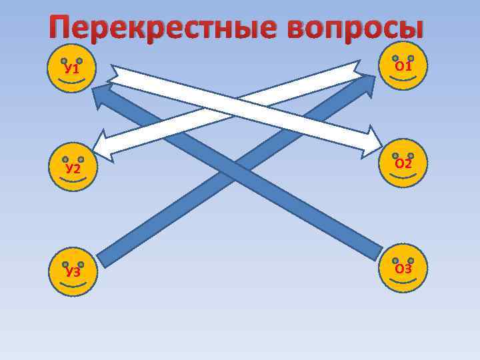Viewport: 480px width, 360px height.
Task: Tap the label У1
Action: click(71, 69)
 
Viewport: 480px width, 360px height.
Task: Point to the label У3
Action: click(73, 272)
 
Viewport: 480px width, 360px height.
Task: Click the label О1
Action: click(403, 66)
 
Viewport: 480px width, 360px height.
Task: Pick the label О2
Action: click(403, 163)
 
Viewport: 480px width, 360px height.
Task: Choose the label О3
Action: click(403, 269)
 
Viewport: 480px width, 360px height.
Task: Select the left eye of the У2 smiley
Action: click(64, 160)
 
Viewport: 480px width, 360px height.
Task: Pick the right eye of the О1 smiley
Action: click(411, 58)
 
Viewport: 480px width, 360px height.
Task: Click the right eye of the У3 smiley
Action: click(81, 264)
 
